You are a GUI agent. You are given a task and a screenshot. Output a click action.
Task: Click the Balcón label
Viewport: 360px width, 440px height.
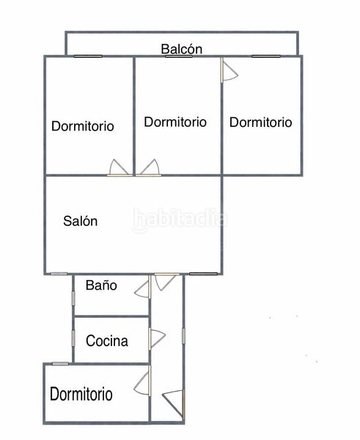[x=182, y=49]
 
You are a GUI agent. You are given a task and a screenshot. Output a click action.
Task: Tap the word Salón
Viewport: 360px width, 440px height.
[x=80, y=221]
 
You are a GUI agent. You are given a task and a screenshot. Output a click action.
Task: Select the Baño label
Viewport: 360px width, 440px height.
[x=101, y=285]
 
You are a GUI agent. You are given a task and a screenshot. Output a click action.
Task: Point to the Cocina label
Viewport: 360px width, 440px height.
[x=107, y=341]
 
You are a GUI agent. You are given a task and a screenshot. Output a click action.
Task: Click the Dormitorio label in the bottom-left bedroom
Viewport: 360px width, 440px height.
[x=81, y=394]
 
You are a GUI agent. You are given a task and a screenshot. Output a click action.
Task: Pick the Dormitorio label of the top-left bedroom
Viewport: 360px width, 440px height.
[x=83, y=126]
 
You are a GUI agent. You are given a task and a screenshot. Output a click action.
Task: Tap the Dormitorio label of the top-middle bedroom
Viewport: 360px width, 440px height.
[x=175, y=122]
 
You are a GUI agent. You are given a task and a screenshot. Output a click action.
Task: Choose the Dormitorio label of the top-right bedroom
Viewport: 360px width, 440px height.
[x=261, y=122]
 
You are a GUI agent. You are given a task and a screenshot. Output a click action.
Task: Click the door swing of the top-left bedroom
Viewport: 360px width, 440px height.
[x=120, y=168]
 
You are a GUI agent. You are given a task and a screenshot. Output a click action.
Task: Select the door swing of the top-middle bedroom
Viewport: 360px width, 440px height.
[x=149, y=168]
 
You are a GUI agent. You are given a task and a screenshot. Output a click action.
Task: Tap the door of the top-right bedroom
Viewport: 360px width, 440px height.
[x=229, y=70]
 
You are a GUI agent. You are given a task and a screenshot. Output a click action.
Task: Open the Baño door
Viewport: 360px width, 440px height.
[x=142, y=287]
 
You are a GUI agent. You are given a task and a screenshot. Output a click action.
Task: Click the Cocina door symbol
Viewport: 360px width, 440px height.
[x=157, y=338]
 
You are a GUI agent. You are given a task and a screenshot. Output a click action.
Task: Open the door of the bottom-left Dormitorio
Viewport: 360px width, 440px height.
[x=142, y=381]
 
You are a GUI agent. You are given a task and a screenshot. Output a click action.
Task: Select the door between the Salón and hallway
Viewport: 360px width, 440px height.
[x=166, y=282]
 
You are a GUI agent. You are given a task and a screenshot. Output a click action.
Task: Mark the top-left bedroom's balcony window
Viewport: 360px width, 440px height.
[x=88, y=56]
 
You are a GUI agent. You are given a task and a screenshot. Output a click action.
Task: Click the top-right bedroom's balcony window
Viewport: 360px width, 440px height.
[x=266, y=56]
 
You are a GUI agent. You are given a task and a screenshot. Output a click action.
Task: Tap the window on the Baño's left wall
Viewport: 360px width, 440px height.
[x=73, y=298]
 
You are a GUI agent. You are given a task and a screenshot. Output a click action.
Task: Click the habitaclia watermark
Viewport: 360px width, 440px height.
[x=180, y=219]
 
